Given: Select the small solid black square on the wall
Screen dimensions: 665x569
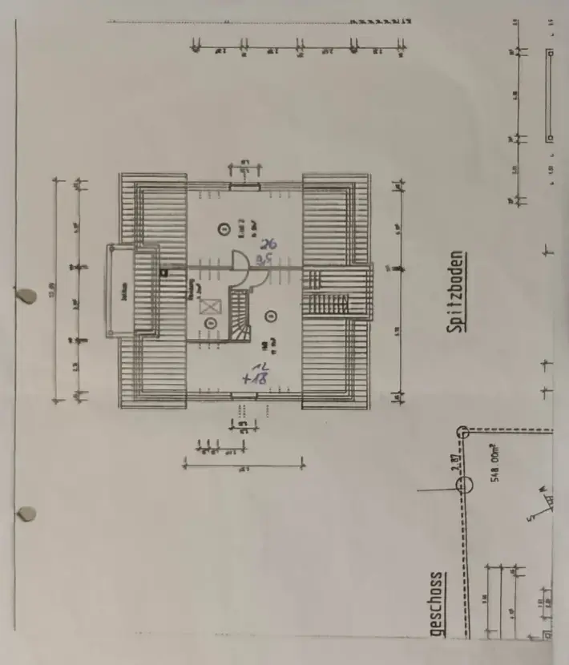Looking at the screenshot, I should coord(164,273).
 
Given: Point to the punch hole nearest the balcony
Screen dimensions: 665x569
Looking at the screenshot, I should coord(29,296).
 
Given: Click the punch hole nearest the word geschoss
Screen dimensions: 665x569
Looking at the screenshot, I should coord(27,513).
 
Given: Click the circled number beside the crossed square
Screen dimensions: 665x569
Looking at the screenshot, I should coord(211,323).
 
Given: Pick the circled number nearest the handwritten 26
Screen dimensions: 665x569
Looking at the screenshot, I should coord(223,229).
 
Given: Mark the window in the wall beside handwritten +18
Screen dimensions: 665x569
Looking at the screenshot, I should coord(244,395).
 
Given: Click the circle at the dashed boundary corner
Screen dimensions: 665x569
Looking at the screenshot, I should coord(462,432).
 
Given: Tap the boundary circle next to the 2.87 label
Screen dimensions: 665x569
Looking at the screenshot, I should coord(462,494).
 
